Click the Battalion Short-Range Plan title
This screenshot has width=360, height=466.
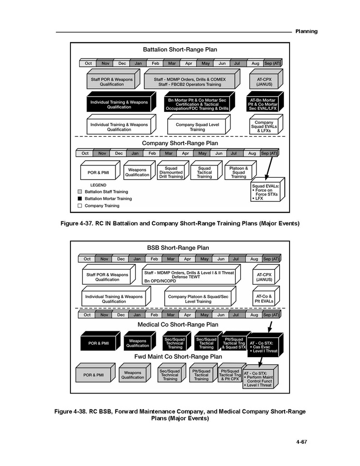pyautogui.click(x=180, y=50)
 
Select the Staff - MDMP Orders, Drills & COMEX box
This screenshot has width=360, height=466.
pyautogui.click(x=192, y=79)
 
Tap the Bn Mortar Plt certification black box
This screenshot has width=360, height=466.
pyautogui.click(x=199, y=102)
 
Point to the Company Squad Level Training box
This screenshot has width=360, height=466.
pyautogui.click(x=199, y=124)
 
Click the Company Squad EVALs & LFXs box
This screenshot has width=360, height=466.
pyautogui.click(x=266, y=124)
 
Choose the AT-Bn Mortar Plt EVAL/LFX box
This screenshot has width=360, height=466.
pyautogui.click(x=265, y=102)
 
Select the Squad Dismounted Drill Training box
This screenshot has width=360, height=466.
pyautogui.click(x=173, y=171)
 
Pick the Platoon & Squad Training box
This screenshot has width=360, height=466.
pyautogui.click(x=240, y=171)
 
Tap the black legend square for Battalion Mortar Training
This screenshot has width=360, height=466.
pyautogui.click(x=80, y=199)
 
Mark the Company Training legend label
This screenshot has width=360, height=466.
pyautogui.click(x=102, y=206)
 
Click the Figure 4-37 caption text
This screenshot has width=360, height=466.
pyautogui.click(x=180, y=223)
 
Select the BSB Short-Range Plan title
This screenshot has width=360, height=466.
pyautogui.click(x=178, y=248)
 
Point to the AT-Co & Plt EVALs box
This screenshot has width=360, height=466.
pyautogui.click(x=266, y=296)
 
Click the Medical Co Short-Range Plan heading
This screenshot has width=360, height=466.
pyautogui.click(x=178, y=324)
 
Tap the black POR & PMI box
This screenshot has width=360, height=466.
pyautogui.click(x=100, y=341)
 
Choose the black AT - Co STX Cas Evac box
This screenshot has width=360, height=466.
pyautogui.click(x=265, y=345)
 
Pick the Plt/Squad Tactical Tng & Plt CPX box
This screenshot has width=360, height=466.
pyautogui.click(x=232, y=373)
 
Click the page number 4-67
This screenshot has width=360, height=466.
pyautogui.click(x=301, y=442)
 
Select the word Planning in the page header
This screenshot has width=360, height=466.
pyautogui.click(x=306, y=32)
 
